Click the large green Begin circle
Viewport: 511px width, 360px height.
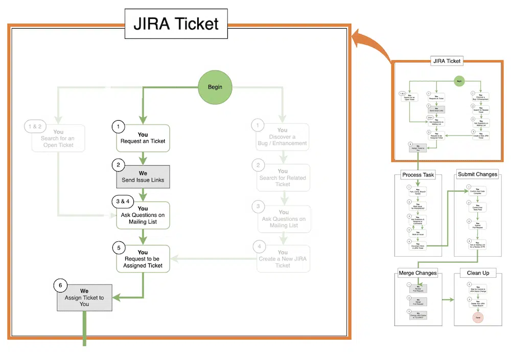click(215, 86)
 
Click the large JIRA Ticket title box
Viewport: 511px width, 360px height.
click(176, 24)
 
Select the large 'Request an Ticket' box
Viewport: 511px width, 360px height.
click(143, 138)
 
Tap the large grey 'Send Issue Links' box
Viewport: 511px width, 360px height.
click(143, 177)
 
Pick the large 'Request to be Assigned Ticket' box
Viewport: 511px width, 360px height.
click(143, 259)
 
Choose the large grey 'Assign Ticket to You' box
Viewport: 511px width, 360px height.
click(84, 298)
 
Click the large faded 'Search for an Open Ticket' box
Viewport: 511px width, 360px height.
click(58, 138)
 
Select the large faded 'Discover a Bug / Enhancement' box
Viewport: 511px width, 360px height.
click(283, 137)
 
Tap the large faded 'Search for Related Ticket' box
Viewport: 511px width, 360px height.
click(283, 177)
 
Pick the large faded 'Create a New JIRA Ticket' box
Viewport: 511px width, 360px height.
click(283, 259)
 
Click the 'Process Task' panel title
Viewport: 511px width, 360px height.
click(417, 174)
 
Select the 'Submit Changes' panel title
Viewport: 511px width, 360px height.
click(477, 174)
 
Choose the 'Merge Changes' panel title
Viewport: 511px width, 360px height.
click(418, 273)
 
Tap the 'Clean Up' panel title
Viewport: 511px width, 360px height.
click(478, 273)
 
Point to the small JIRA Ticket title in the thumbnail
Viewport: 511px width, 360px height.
click(446, 61)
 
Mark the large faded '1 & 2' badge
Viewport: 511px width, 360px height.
click(35, 125)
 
